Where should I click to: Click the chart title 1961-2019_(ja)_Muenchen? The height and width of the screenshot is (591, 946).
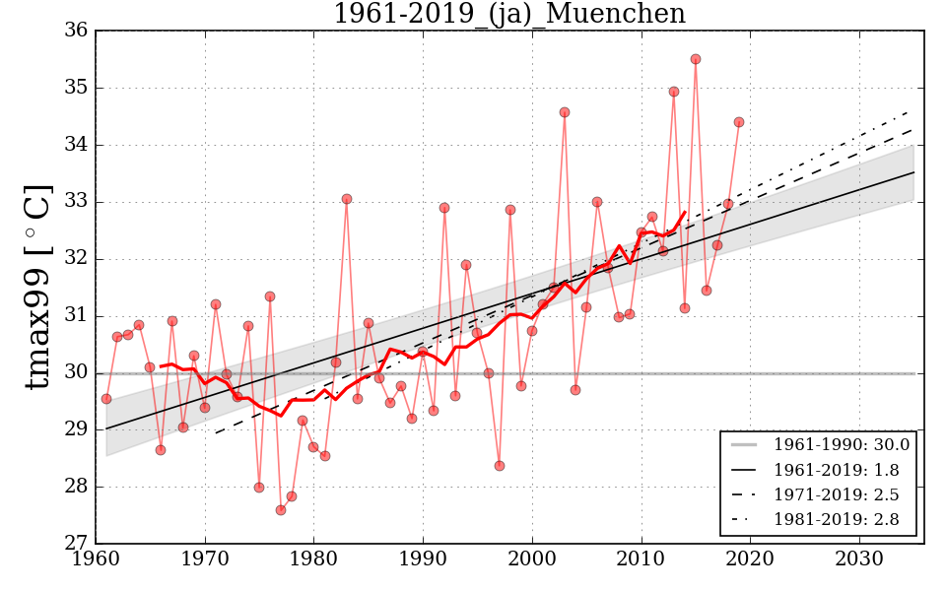click(508, 14)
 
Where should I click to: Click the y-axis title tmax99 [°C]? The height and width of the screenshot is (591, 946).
click(37, 287)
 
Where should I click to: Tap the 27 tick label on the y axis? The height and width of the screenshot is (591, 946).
click(76, 544)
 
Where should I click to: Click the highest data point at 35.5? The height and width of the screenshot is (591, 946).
click(696, 59)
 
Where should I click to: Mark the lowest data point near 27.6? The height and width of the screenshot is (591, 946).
click(281, 510)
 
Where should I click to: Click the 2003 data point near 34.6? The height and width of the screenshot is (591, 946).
click(565, 112)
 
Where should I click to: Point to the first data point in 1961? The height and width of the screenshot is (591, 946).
click(106, 399)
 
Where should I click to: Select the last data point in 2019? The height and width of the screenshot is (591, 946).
click(739, 122)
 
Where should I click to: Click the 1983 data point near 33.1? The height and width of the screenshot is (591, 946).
click(347, 199)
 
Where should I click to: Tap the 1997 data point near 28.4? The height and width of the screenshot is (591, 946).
click(500, 466)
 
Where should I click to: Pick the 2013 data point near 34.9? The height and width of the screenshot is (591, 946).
click(674, 92)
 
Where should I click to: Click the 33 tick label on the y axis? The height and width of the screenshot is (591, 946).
click(76, 202)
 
